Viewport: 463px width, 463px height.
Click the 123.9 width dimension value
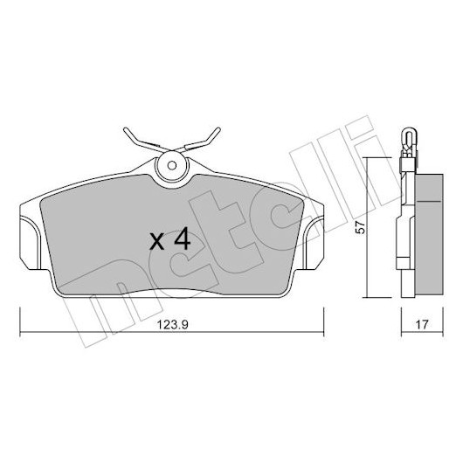172,325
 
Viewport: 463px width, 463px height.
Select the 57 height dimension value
360,228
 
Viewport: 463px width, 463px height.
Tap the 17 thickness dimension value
422,325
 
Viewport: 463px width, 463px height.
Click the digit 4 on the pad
183,240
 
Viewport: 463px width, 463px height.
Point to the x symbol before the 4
156,243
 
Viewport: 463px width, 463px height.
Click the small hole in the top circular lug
171,165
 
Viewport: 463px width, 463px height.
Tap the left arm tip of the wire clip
125,129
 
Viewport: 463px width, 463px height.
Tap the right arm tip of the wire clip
218,129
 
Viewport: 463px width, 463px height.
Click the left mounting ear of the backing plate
29,243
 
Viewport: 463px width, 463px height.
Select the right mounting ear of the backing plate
314,243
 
